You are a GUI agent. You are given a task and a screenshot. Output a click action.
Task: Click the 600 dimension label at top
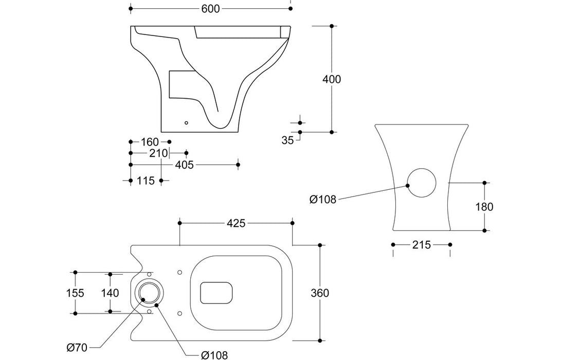pyautogui.click(x=209, y=9)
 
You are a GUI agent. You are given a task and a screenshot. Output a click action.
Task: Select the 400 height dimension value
pyautogui.click(x=331, y=79)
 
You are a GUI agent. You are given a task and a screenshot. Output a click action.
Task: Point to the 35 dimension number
pyautogui.click(x=287, y=139)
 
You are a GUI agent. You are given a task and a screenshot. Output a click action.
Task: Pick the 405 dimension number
pyautogui.click(x=184, y=165)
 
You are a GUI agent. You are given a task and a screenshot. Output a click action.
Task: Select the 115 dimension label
pyautogui.click(x=147, y=181)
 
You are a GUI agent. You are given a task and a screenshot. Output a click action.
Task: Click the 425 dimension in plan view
pyautogui.click(x=236, y=223)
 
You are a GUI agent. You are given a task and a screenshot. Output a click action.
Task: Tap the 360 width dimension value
pyautogui.click(x=320, y=293)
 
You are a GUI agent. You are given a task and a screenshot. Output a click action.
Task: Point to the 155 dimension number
pyautogui.click(x=75, y=293)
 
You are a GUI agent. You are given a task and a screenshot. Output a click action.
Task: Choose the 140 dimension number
pyautogui.click(x=110, y=293)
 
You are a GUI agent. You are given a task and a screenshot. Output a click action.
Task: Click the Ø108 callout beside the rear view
pyautogui.click(x=322, y=200)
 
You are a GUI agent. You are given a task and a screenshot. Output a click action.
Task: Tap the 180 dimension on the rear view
pyautogui.click(x=484, y=207)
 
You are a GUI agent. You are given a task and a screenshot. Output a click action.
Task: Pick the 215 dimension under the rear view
pyautogui.click(x=421, y=245)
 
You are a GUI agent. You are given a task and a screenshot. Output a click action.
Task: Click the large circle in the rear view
pyautogui.click(x=422, y=184)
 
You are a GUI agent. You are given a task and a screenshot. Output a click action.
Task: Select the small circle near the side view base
pyautogui.click(x=186, y=123)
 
